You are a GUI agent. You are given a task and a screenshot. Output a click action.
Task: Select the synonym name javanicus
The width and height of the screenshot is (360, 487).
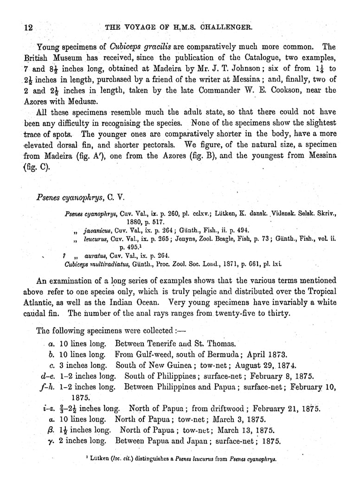pos(99,230)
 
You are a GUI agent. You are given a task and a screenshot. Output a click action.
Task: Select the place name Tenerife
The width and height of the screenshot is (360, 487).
pos(172,344)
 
